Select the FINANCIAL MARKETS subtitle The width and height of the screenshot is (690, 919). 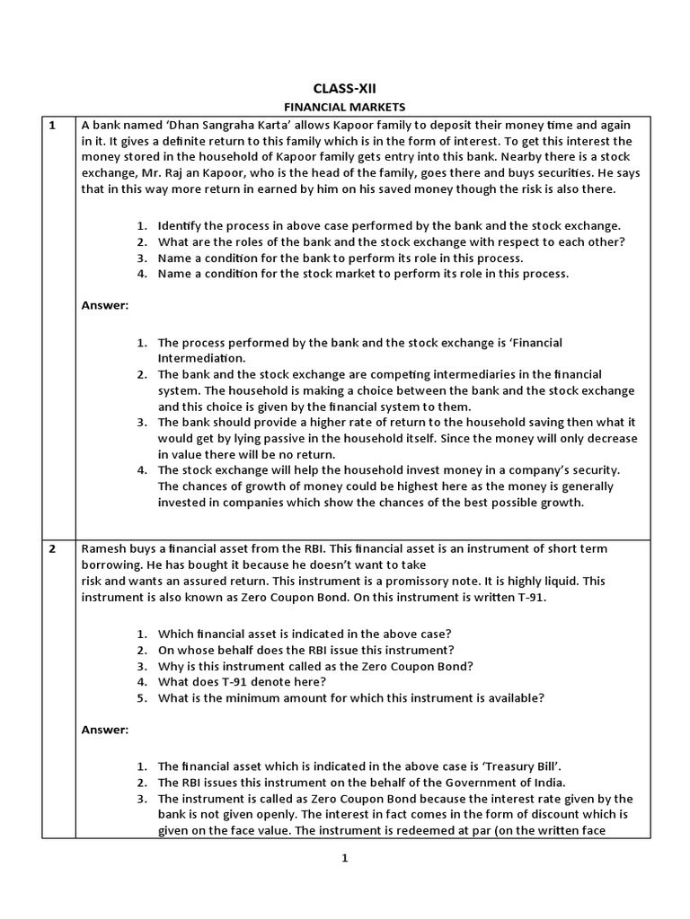pyautogui.click(x=344, y=107)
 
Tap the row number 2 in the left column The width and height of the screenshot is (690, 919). pyautogui.click(x=52, y=548)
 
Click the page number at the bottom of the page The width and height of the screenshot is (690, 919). pyautogui.click(x=344, y=858)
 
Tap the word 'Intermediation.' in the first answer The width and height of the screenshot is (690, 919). pyautogui.click(x=200, y=357)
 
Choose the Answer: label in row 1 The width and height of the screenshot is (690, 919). pyautogui.click(x=105, y=305)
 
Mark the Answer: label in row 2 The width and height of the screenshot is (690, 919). pyautogui.click(x=105, y=730)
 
